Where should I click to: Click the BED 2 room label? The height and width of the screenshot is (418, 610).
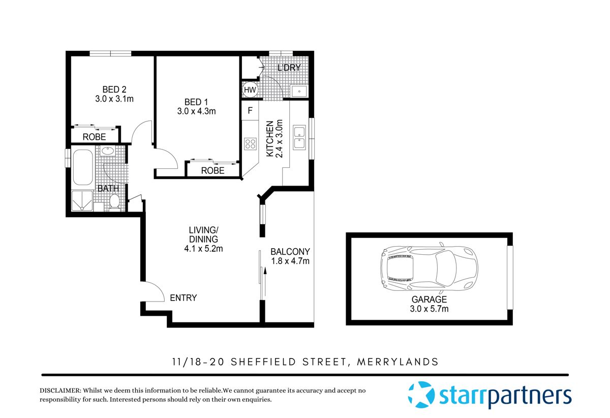(114, 89)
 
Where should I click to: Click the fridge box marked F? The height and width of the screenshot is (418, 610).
(250, 110)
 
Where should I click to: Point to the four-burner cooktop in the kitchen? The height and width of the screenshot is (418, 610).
(250, 143)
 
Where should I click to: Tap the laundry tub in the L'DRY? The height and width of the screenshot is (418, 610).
(298, 91)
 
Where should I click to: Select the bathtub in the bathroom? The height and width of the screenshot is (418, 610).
(83, 167)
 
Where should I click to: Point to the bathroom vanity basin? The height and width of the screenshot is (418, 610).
(107, 151)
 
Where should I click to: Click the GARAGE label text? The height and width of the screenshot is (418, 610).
(430, 300)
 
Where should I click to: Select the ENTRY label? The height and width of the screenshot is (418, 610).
(183, 298)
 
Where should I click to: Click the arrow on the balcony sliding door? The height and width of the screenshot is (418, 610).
(264, 279)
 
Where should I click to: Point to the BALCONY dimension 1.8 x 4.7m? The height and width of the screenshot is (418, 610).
(290, 261)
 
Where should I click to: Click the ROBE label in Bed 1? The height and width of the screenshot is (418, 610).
(212, 171)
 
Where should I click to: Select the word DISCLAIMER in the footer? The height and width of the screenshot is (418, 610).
(60, 390)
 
